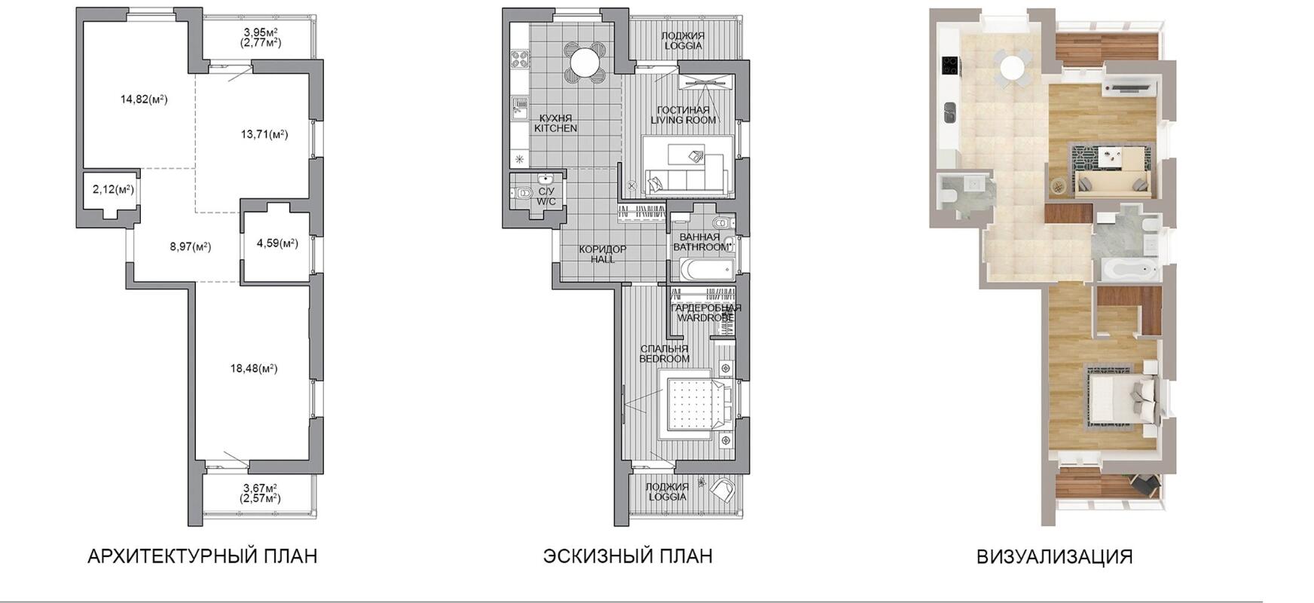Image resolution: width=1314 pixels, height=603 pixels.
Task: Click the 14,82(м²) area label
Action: click(144, 99)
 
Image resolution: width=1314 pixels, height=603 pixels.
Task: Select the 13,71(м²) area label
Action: click(264, 134)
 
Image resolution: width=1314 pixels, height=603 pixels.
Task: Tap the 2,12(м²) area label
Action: click(113, 189)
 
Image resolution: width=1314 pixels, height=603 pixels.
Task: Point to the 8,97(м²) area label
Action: click(190, 246)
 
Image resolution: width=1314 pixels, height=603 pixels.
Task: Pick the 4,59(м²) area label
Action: click(277, 243)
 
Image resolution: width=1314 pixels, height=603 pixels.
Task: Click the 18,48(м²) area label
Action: click(254, 369)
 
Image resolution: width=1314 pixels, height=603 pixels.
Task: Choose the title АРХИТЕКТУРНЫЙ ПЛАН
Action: click(203, 556)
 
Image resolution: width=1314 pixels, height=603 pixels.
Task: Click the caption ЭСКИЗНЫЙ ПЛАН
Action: click(628, 556)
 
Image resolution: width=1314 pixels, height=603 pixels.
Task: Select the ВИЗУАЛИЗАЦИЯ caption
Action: click(1055, 557)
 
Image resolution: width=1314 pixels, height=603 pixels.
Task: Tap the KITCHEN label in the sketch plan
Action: click(556, 129)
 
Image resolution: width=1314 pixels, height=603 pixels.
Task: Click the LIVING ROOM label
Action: click(683, 121)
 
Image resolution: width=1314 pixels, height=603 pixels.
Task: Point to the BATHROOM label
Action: click(701, 247)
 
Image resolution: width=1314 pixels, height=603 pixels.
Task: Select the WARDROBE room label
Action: click(705, 318)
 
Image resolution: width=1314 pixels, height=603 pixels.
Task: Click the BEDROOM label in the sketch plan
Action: click(665, 359)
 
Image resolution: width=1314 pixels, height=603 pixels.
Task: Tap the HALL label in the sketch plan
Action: click(603, 259)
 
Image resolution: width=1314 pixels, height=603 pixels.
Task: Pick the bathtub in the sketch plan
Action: click(707, 269)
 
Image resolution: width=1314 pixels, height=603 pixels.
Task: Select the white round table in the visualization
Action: click(1013, 67)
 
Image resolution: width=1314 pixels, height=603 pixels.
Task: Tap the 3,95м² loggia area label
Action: click(261, 32)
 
